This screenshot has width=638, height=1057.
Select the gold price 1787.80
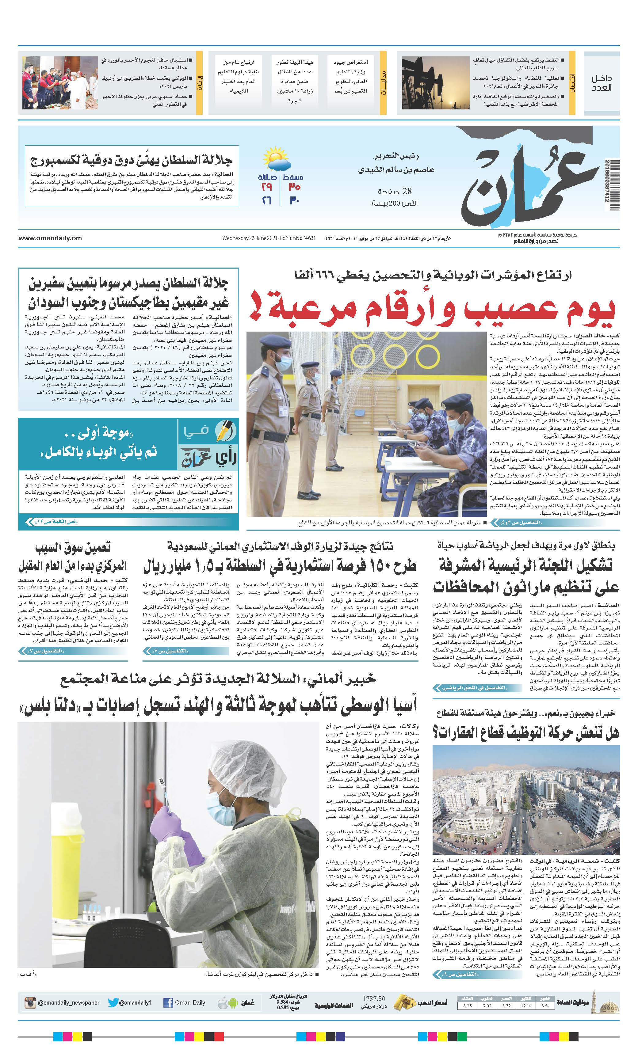[374, 999]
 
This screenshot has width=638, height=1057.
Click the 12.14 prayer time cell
[526, 1006]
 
